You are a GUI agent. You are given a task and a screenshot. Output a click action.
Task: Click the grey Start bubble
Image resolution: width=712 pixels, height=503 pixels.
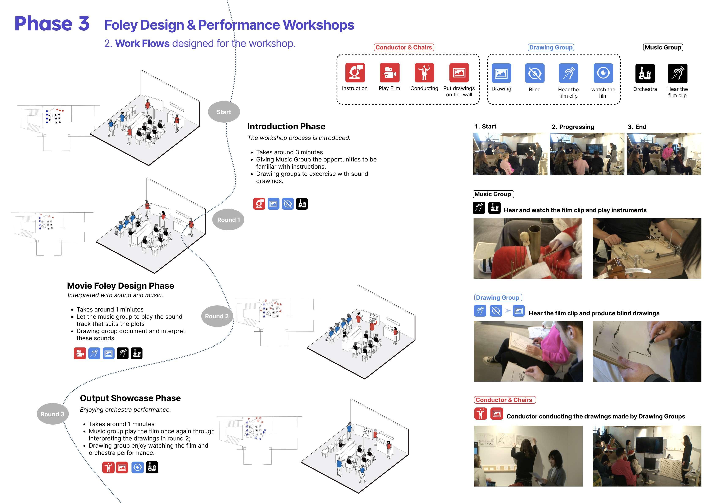coord(224,112)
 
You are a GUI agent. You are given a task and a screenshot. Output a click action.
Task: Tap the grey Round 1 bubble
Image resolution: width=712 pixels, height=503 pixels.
coord(228,220)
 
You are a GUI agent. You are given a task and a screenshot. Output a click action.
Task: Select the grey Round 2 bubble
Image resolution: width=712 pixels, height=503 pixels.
coord(217,316)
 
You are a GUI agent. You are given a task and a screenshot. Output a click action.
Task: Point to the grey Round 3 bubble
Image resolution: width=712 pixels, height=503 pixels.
coord(52,414)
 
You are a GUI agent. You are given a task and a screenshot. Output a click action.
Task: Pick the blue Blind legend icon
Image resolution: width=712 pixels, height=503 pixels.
coord(535,73)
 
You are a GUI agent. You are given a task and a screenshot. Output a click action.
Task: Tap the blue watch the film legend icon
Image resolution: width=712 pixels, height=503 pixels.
coord(603,73)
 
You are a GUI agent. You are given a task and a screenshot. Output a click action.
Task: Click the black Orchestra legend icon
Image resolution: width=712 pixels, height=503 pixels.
coord(645,74)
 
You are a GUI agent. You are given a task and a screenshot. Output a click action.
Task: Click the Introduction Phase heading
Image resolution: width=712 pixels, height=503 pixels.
coord(286,127)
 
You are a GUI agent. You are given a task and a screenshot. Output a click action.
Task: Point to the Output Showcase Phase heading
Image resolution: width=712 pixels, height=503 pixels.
coord(130,398)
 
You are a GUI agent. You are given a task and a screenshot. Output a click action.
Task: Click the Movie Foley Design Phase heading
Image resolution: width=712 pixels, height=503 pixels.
coord(121,286)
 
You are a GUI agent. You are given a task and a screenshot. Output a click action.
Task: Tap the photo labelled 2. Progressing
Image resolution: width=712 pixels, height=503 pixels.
coord(587,154)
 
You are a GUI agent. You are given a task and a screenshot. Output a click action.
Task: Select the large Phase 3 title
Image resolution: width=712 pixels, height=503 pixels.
coord(52,24)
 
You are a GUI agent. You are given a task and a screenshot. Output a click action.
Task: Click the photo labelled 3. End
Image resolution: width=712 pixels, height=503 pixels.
coord(664,154)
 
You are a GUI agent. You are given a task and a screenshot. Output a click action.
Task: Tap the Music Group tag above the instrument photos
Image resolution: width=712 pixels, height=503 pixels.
coord(493,194)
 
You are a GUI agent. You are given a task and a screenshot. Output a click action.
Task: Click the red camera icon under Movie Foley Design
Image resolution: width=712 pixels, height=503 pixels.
coord(80,353)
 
